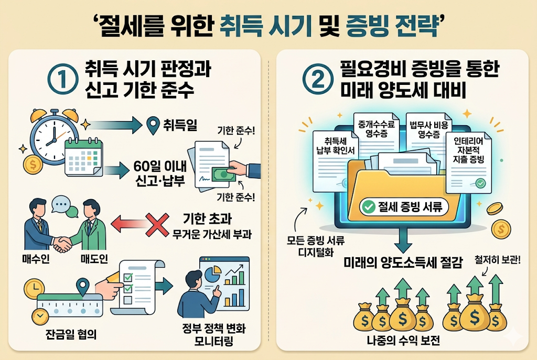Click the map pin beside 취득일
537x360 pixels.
pos(153,125)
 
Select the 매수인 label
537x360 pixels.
pos(37,259)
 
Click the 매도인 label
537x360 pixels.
pos(94,259)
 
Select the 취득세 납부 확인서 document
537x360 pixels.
pos(335,151)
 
